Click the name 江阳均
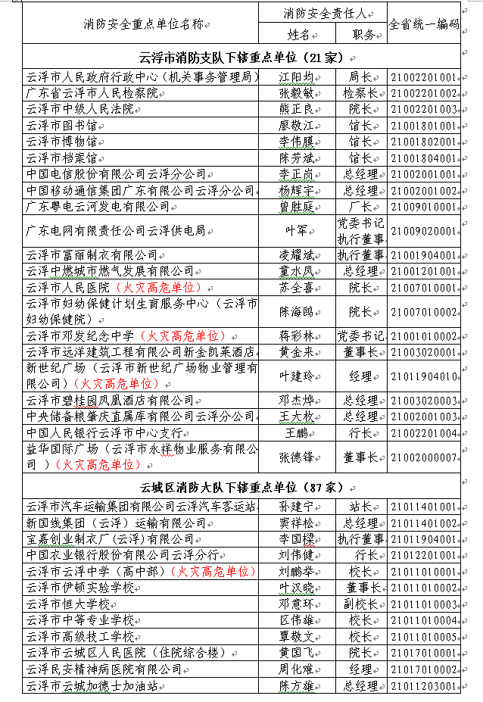tap(295, 77)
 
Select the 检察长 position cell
tap(360, 93)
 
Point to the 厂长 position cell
tap(360, 206)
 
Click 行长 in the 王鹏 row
tap(360, 433)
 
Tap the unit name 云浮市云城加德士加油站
tap(92, 686)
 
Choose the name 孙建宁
tap(295, 506)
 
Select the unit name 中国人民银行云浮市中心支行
tap(104, 433)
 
